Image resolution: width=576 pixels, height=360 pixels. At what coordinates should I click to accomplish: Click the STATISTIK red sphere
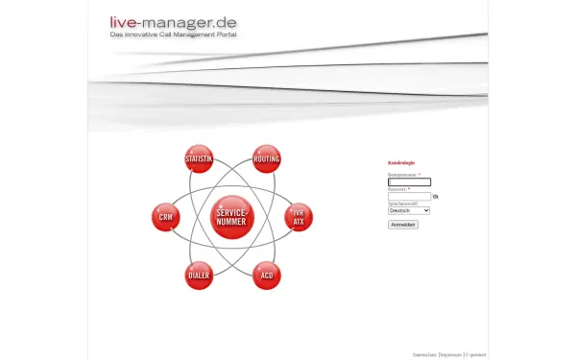[x=199, y=158]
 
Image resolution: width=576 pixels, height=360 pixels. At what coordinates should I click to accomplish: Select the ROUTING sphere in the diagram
[x=267, y=158]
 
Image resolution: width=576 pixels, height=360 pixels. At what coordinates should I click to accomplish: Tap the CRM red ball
[x=166, y=217]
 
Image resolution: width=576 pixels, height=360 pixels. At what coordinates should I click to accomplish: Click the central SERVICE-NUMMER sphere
[x=231, y=216]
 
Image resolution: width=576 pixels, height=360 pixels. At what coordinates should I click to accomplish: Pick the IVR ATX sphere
[x=299, y=217]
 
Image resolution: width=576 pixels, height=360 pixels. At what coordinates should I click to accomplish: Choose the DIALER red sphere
[x=199, y=276]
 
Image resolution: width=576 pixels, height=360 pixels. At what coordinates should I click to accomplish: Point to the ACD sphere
[x=267, y=276]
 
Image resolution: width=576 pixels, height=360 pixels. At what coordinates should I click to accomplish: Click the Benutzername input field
[x=409, y=182]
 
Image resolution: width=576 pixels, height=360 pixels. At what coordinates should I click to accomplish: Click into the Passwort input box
[x=409, y=196]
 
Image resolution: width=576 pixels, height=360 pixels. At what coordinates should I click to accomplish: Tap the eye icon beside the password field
[x=436, y=196]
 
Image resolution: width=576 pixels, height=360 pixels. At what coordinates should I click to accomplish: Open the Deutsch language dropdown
[x=409, y=210]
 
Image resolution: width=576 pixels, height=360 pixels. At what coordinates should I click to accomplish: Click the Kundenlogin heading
[x=401, y=162]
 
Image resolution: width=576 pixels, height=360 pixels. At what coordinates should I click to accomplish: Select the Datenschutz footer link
[x=424, y=354]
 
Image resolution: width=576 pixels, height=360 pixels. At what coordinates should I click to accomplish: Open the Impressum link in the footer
[x=450, y=354]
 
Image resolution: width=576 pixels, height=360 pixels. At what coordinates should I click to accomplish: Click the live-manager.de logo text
[x=174, y=21]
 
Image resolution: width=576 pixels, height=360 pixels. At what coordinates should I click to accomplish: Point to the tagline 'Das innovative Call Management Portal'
[x=174, y=35]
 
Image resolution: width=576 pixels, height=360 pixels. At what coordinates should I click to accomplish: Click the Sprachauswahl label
[x=401, y=204]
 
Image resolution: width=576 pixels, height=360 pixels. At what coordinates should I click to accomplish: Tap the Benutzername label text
[x=403, y=175]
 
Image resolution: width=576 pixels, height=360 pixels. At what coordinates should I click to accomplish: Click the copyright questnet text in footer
[x=476, y=354]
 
